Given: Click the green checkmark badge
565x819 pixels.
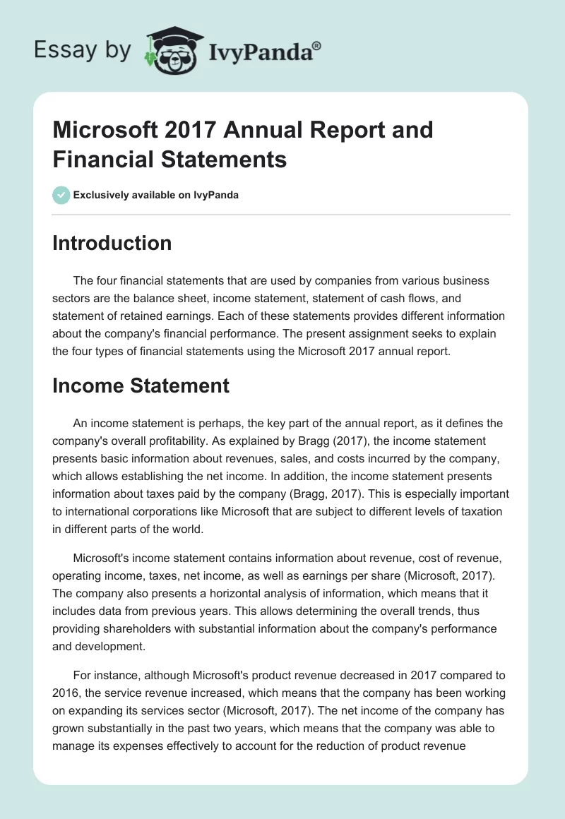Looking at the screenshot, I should coord(61,195).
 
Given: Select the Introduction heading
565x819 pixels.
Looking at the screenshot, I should coord(112,243).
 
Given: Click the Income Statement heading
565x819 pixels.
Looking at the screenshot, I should coord(141,385).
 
